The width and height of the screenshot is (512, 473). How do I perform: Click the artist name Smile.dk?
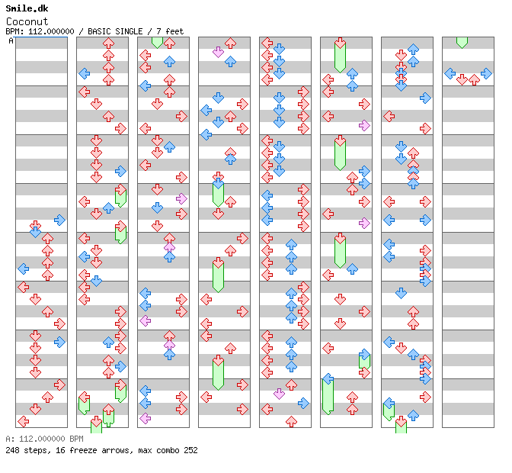point(27,8)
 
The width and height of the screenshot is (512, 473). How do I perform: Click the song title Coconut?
point(27,21)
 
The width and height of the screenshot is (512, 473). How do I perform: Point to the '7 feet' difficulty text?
point(170,31)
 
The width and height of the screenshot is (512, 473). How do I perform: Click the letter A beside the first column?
point(11,41)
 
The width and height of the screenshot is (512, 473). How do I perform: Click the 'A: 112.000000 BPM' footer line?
point(44,439)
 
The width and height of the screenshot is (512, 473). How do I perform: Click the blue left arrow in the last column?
point(450,73)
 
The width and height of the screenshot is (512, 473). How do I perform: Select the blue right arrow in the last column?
point(486,73)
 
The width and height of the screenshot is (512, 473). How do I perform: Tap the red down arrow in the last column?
point(462,79)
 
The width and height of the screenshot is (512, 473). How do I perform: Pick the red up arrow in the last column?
point(474,79)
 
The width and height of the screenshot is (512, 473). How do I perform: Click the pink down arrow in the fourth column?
point(218,52)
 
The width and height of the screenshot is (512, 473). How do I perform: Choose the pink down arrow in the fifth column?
point(279,394)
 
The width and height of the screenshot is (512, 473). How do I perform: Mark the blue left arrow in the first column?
point(23,269)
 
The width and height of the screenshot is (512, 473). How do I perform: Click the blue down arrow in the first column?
point(35,232)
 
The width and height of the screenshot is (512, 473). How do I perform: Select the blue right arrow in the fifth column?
point(303,403)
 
